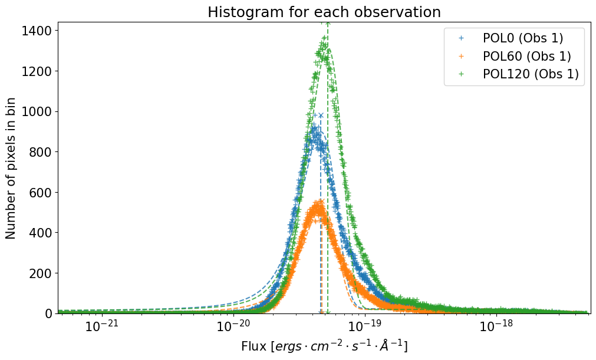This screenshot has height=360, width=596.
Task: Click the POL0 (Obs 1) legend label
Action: [523, 38]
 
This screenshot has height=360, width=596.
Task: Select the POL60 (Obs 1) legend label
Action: [527, 57]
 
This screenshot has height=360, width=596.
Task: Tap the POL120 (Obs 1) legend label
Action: [531, 74]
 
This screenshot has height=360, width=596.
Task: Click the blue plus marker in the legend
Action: [462, 38]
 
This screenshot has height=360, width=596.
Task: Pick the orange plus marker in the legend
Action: [462, 57]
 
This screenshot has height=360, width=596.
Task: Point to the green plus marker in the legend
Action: [462, 74]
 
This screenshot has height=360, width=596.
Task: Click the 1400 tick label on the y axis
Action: [37, 31]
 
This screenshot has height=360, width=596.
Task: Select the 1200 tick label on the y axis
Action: [37, 71]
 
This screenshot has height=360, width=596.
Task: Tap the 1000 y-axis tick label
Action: [37, 112]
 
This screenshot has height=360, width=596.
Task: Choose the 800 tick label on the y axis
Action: [40, 152]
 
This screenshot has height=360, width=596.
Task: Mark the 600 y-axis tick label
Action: [40, 193]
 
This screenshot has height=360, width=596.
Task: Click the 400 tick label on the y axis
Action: [40, 233]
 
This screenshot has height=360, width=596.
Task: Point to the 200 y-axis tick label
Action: [40, 273]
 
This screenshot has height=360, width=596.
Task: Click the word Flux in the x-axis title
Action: [253, 346]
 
